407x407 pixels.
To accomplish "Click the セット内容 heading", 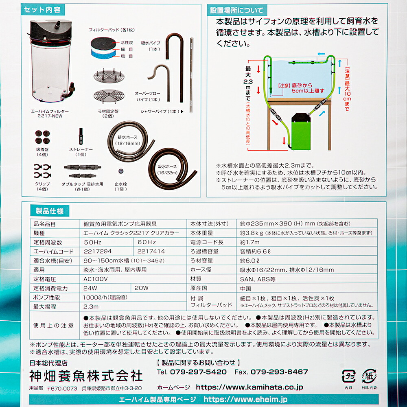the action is (43, 10).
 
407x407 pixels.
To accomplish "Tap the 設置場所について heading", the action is (236, 11).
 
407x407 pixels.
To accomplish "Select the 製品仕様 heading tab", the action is (49, 211).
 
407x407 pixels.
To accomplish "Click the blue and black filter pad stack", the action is (103, 48).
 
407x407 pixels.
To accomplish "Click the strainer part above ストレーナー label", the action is (81, 136).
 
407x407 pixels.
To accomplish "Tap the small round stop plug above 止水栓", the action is (121, 171).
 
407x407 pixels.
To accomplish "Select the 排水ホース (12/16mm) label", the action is (127, 140).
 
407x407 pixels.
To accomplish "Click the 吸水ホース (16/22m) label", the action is (167, 169).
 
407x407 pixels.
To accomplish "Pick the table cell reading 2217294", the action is (98, 251).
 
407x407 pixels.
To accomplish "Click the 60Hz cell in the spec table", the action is (147, 242).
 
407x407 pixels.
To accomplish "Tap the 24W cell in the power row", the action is (90, 288).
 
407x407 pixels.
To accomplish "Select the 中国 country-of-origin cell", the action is (245, 289).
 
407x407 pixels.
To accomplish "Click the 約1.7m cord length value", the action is (250, 242).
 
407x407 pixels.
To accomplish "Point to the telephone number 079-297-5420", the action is (198, 372).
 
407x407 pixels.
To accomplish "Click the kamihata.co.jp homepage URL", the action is (249, 387).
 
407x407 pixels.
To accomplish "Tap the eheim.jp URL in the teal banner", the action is (245, 399).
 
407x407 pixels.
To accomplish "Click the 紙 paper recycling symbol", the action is (369, 376).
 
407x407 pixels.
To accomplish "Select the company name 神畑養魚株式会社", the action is (85, 376).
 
